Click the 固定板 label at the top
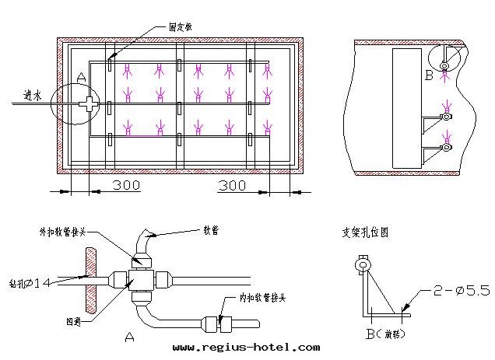point(181,26)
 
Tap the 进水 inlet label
point(32,96)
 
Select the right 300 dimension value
point(232,186)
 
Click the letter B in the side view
point(428,75)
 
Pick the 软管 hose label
point(211,230)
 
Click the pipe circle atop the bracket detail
point(363,265)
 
